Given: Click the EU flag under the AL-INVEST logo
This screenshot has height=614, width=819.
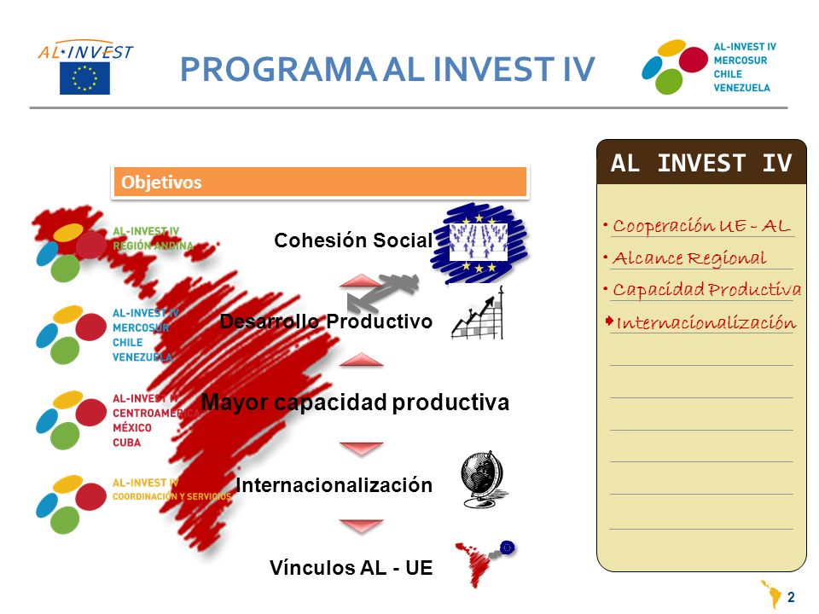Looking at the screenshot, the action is point(84,78).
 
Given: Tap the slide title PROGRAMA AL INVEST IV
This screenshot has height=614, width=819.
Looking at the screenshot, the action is point(387,69).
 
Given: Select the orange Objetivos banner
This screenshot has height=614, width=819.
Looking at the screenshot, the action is point(320,182).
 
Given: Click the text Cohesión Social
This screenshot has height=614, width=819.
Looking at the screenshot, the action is point(353,240).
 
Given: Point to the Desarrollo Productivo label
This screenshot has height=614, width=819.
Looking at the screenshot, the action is point(326,321).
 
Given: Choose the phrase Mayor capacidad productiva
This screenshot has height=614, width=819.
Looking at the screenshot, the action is point(355,402).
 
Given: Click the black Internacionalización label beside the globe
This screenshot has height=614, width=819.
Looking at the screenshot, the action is point(334,485).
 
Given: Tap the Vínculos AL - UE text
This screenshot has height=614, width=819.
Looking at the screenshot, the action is point(351,568).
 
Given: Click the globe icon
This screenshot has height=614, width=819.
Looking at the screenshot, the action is point(483,479).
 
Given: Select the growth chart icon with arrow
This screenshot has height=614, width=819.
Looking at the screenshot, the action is point(478,313).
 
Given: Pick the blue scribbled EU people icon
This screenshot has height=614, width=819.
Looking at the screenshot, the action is point(479,243).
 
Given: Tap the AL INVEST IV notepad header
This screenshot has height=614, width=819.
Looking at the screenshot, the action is point(701,162).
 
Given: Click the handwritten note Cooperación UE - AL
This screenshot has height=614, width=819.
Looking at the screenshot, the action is point(701,225).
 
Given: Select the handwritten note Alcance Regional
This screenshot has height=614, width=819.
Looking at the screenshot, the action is point(689,258).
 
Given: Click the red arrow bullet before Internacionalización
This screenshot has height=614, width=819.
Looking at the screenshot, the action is point(609,321).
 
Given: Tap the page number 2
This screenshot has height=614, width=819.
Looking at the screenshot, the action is point(791,597).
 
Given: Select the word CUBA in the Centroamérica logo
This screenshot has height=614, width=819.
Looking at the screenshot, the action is point(127,443).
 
